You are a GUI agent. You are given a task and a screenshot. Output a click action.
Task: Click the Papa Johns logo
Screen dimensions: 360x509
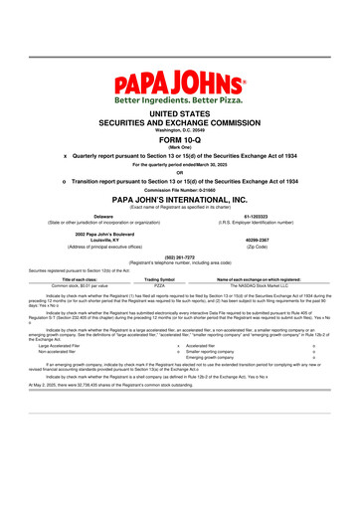click(x=180, y=82)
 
